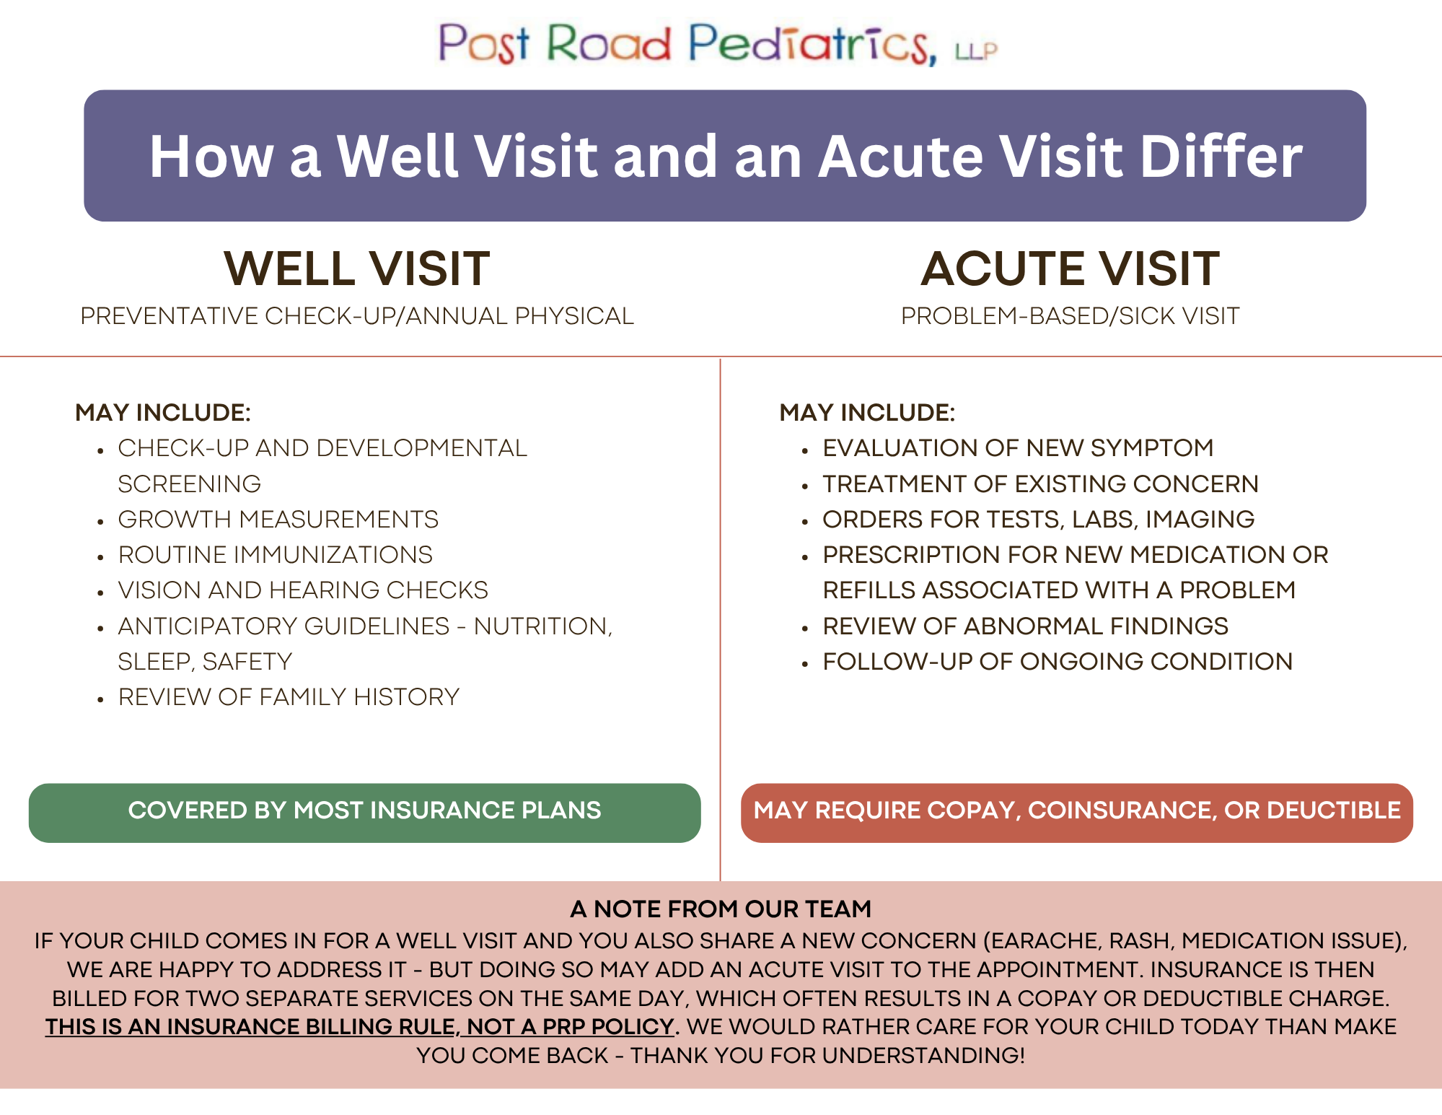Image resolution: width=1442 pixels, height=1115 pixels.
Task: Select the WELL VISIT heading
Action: [357, 268]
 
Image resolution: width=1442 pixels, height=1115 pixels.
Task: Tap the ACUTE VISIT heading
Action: [1070, 268]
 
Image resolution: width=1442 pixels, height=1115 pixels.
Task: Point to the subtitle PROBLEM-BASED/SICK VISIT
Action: [1070, 316]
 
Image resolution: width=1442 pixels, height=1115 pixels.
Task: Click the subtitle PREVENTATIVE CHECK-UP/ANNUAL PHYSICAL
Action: [357, 316]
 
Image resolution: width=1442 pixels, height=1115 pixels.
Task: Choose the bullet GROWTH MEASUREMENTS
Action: [278, 519]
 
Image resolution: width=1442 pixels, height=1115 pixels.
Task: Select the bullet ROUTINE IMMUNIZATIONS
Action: [276, 554]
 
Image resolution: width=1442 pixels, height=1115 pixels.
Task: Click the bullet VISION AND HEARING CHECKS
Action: [303, 590]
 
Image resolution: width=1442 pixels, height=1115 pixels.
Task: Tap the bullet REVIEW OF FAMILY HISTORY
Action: [289, 696]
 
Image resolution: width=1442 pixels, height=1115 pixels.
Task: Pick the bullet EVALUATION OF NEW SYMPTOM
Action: [1018, 447]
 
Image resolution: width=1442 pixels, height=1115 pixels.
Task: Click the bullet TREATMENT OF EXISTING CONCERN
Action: [1040, 484]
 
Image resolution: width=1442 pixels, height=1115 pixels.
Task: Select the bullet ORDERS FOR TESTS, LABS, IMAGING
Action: [1039, 519]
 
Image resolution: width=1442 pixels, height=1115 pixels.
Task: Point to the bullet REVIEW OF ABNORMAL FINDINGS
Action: [1025, 626]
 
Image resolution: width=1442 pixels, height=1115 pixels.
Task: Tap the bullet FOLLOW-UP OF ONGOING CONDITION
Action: [1058, 661]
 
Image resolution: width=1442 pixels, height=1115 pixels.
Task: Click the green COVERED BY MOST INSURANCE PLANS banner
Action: [364, 813]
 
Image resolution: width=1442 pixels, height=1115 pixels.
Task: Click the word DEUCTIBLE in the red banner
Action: [1334, 810]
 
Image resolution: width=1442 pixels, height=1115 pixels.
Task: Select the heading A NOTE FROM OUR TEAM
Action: [721, 909]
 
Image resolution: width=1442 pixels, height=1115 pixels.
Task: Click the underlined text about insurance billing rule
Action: [360, 1027]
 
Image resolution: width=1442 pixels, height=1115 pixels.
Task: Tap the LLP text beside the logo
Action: [976, 51]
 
